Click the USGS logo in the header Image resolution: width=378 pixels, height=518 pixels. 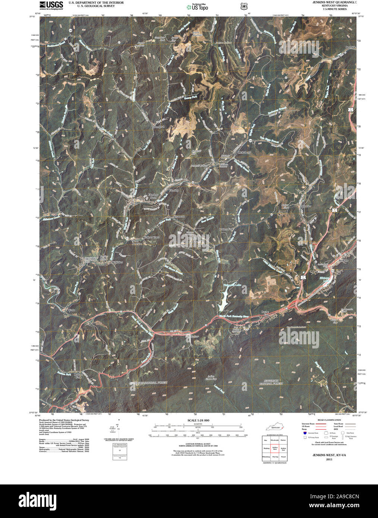51,5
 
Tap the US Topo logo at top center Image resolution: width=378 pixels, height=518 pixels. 198,7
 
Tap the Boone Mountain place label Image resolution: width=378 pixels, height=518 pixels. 198,33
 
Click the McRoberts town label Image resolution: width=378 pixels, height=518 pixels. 244,152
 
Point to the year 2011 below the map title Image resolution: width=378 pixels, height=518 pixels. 329,459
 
